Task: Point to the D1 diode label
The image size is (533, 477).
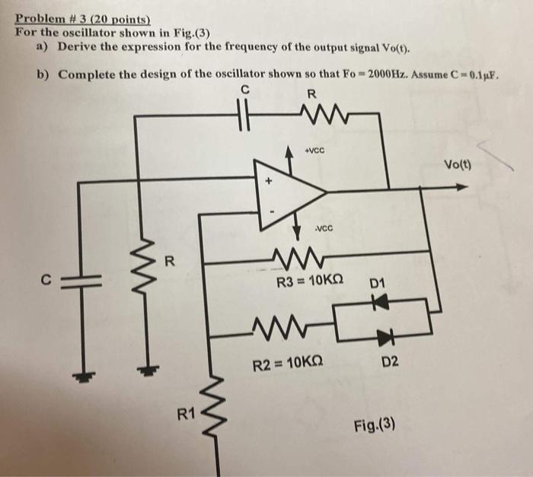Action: point(378,285)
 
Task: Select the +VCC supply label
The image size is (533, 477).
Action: point(315,150)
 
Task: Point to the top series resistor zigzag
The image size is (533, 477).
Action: point(310,116)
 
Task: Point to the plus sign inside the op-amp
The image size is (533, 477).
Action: point(268,183)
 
